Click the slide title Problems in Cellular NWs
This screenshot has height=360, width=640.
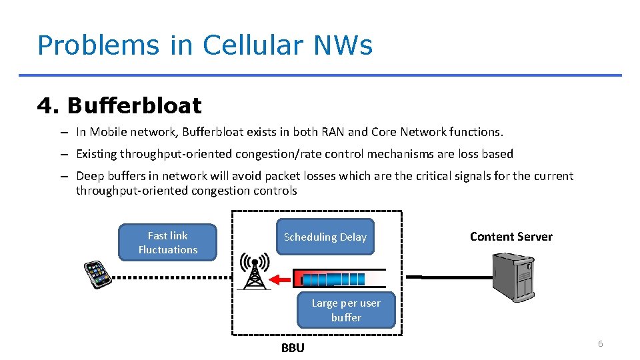[x=205, y=45]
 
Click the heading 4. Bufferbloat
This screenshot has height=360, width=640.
[x=119, y=105]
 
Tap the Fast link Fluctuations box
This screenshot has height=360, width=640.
[x=167, y=243]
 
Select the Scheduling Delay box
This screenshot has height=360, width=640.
[x=325, y=237]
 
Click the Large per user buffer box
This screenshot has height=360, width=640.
[x=346, y=310]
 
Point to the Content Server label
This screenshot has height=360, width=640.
[x=511, y=237]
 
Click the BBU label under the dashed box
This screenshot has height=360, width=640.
[x=293, y=347]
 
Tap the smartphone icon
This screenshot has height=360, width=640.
[x=97, y=274]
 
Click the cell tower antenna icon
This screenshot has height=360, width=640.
[x=254, y=271]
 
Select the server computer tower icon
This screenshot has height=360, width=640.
[x=513, y=276]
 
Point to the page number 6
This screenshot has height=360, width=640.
[x=600, y=343]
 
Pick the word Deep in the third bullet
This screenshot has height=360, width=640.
[x=90, y=176]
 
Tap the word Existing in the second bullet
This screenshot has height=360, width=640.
[x=96, y=154]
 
